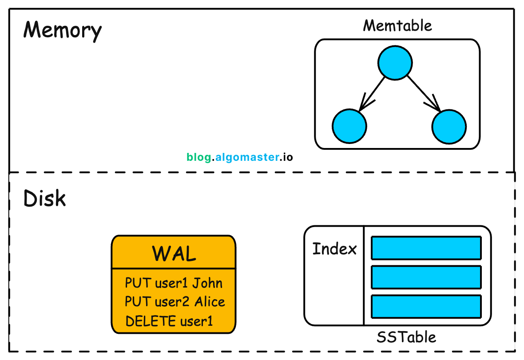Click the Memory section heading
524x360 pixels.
[x=62, y=31]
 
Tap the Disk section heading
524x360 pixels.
[x=44, y=199]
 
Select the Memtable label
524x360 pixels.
[x=397, y=25]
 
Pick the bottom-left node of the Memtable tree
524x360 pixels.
[x=349, y=126]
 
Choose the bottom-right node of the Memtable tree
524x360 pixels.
[x=449, y=126]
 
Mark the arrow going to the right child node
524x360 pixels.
[x=424, y=94]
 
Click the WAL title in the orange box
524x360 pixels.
[x=174, y=254]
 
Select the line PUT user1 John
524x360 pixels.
[x=174, y=283]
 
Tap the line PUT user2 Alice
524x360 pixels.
[x=175, y=302]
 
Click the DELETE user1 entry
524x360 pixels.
[x=170, y=321]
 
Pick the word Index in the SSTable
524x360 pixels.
[x=334, y=249]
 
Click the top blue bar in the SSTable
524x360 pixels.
[x=426, y=248]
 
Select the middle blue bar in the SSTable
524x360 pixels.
[x=426, y=277]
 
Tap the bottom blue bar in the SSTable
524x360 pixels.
[x=426, y=307]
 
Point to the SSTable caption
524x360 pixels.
[x=406, y=337]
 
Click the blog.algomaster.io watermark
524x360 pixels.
[x=240, y=157]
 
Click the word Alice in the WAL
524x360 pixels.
[x=210, y=302]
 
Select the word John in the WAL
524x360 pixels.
[x=207, y=283]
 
